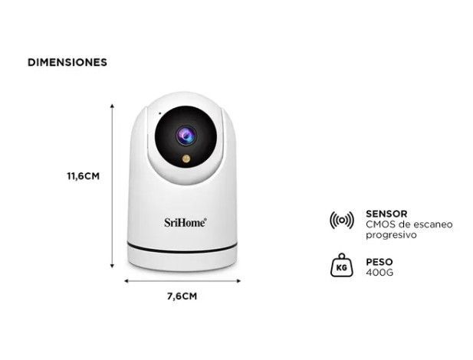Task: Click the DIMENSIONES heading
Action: point(67,62)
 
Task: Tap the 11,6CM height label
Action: point(84,176)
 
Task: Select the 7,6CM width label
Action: point(182,296)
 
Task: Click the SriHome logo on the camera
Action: point(186,223)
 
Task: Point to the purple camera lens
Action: point(186,136)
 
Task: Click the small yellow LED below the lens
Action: point(186,159)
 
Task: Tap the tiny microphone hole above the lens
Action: point(160,113)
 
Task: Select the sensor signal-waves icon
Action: point(341,220)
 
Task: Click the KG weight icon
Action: point(341,265)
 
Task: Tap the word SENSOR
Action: point(386,214)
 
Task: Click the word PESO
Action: point(379,262)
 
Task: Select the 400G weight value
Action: point(379,273)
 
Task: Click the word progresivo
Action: point(391,235)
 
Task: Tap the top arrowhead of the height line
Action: point(112,106)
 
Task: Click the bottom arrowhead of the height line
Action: point(112,266)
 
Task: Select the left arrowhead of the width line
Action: point(126,281)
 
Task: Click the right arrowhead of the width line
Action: point(238,281)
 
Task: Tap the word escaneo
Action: point(433,224)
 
